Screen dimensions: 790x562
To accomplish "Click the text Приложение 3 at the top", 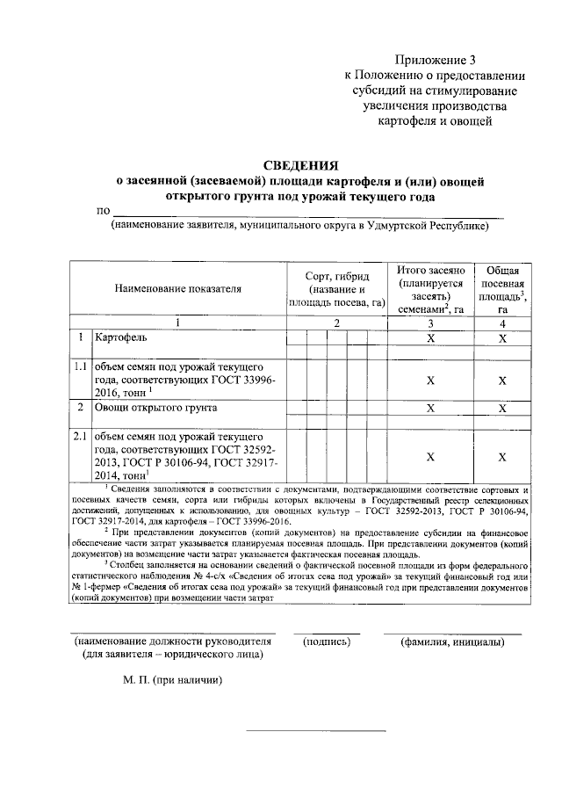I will (435, 61).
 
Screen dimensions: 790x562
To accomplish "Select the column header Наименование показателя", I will (177, 287).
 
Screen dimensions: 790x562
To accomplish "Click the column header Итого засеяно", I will (429, 269).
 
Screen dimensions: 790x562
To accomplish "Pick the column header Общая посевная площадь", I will (502, 269).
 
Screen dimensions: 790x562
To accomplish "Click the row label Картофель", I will (123, 337).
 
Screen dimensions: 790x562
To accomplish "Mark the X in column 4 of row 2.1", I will (502, 457).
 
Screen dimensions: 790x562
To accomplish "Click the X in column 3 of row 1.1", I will (430, 381).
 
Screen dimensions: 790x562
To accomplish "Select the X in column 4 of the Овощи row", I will (502, 409).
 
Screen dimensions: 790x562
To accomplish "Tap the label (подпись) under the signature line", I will (326, 641).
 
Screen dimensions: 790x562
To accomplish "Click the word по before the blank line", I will (103, 211).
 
